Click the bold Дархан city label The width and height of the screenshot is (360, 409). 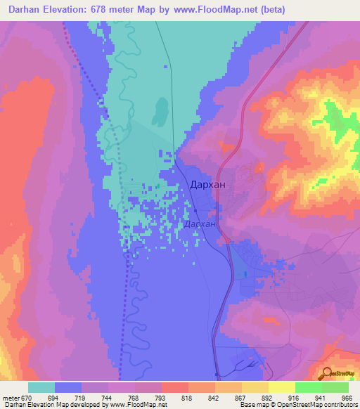(x=208, y=186)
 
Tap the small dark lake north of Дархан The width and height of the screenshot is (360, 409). (x=161, y=112)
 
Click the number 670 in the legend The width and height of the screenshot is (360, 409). (x=26, y=396)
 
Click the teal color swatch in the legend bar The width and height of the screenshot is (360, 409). (x=41, y=387)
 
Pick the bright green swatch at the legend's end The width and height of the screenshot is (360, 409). (x=335, y=387)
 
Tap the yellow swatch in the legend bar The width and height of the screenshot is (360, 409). (x=282, y=387)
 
